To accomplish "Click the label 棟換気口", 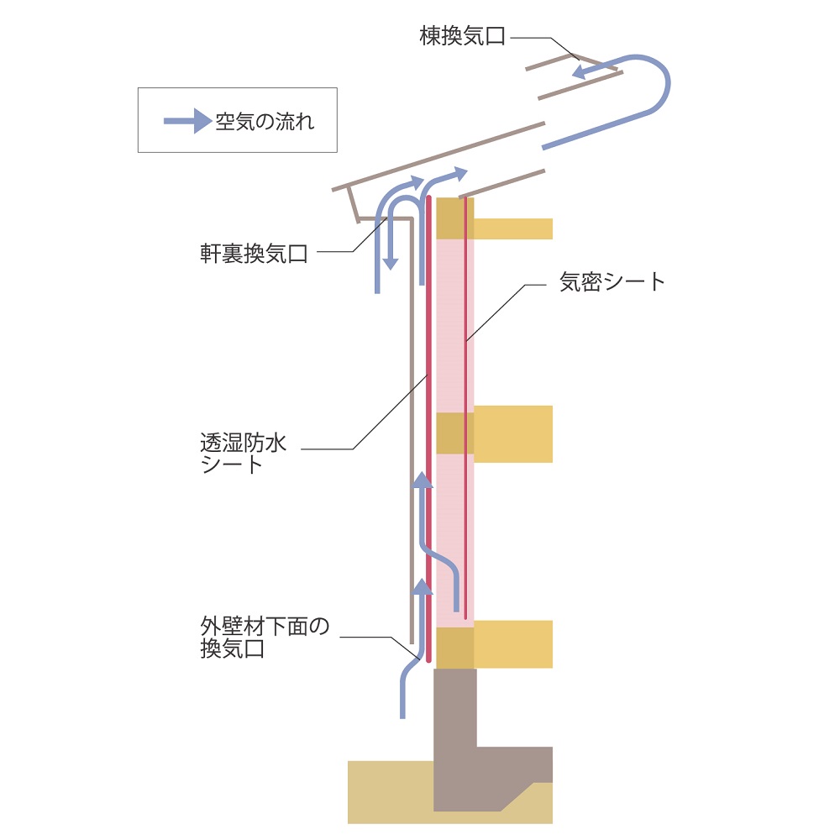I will (463, 37).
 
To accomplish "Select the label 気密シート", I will (612, 282).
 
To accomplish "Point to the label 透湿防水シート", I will (243, 453).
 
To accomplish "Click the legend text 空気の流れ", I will (265, 121).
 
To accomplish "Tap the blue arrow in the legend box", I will (186, 121).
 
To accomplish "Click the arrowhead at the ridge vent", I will (579, 73).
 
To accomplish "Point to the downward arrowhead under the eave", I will (390, 263).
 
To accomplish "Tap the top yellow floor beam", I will (512, 228).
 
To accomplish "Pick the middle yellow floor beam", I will (512, 433).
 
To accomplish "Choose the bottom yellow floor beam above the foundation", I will (512, 643).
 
